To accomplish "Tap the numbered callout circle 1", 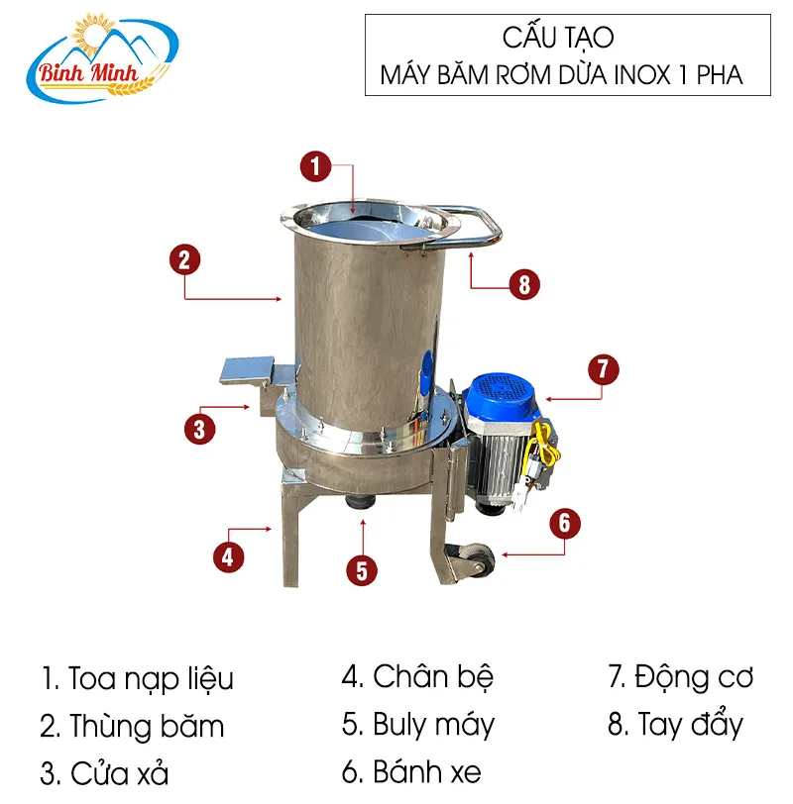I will coord(314,165).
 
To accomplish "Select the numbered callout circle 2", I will coord(184,259).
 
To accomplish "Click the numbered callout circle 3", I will coord(198,429).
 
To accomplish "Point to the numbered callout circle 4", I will coord(227,555).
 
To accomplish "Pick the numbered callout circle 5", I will coord(362,569).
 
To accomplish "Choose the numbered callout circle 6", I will coord(563,522).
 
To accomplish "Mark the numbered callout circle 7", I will coord(602,369).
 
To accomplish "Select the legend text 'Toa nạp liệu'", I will coord(151,679).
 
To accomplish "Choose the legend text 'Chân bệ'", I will coord(432,677).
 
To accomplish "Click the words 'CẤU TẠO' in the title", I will coord(558,39).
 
